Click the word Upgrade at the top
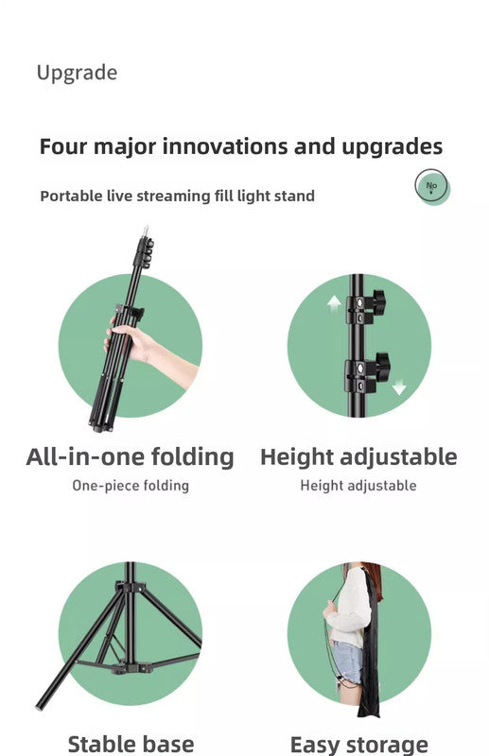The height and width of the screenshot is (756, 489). [77, 73]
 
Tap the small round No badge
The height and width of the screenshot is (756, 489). [431, 186]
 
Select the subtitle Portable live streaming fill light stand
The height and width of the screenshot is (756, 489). [177, 196]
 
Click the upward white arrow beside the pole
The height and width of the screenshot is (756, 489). [333, 304]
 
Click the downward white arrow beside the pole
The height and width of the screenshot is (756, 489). [399, 386]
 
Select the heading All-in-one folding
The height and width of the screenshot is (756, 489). [130, 457]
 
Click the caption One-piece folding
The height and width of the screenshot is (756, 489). [131, 486]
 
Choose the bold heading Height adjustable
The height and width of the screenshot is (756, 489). [358, 457]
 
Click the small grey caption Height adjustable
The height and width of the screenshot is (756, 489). [358, 486]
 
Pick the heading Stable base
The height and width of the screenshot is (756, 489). [131, 744]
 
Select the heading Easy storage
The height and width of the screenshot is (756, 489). [358, 745]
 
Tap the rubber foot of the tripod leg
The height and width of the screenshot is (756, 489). [41, 705]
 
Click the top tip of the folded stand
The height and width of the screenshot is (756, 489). [145, 229]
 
